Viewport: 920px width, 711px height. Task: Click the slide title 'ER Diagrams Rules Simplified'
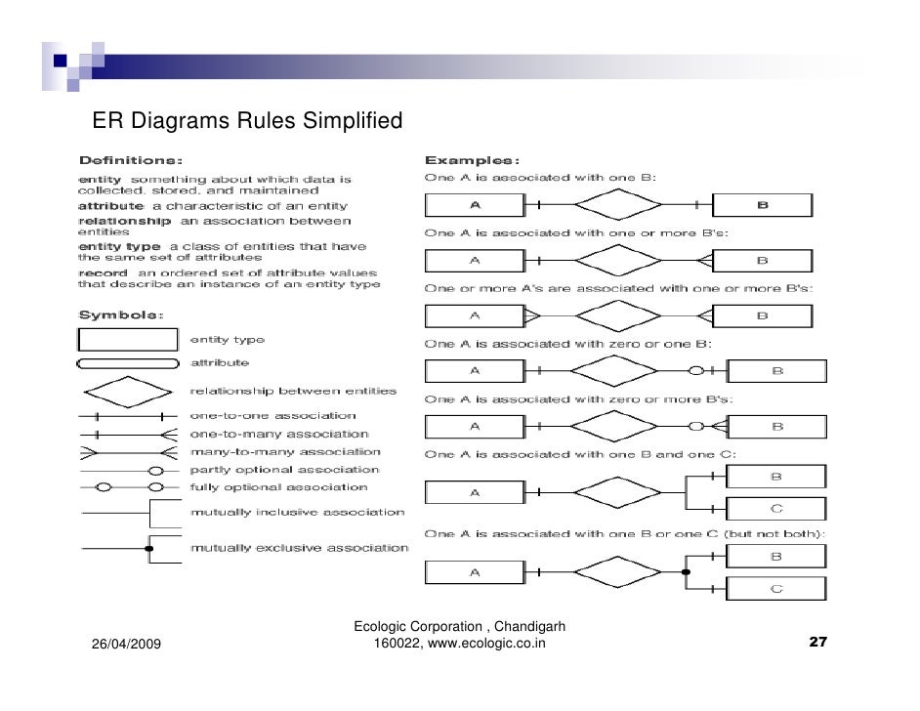(246, 122)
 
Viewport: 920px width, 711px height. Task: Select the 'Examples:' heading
(471, 159)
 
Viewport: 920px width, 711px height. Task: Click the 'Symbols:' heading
(121, 315)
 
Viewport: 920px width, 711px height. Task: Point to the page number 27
(818, 643)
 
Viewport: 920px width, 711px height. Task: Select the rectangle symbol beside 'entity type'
(128, 339)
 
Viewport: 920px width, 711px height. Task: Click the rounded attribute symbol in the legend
(128, 363)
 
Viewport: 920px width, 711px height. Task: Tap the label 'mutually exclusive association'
(299, 548)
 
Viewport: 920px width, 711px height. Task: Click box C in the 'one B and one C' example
(776, 508)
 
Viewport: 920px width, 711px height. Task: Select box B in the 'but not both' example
(776, 556)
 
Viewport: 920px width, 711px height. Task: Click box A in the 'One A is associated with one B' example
(475, 205)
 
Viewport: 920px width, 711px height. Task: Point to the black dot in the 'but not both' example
(686, 572)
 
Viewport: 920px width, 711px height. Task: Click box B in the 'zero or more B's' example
(777, 427)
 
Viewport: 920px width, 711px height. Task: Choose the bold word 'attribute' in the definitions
(110, 206)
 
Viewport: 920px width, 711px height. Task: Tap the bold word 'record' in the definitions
(103, 272)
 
